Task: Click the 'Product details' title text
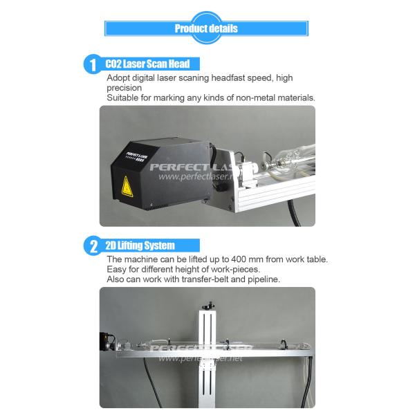[x=206, y=28]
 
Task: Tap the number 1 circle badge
[x=93, y=64]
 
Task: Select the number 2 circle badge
[x=93, y=246]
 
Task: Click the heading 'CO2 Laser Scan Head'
[x=147, y=64]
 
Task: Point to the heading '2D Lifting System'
[x=140, y=246]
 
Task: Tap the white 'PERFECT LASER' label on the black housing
[x=136, y=156]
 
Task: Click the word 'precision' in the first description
[x=124, y=88]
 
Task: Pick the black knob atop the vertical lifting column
[x=209, y=306]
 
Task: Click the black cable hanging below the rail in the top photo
[x=295, y=213]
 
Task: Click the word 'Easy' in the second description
[x=116, y=270]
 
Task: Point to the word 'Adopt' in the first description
[x=118, y=78]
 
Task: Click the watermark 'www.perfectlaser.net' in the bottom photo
[x=201, y=358]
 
